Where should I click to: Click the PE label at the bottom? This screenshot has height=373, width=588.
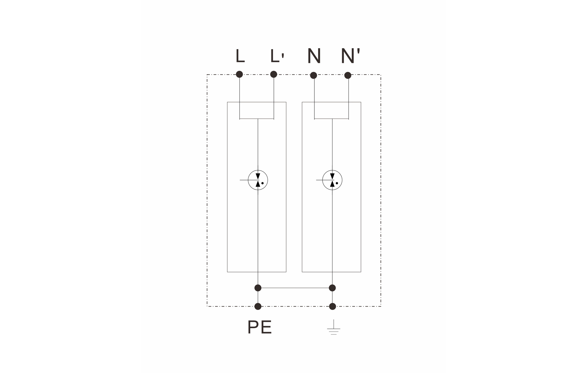[x=259, y=327]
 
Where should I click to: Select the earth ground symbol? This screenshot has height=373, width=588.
[x=333, y=327]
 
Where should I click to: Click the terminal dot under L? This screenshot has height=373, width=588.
[x=240, y=74]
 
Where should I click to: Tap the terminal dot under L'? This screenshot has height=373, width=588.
[x=274, y=74]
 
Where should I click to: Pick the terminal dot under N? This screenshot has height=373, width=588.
[x=313, y=75]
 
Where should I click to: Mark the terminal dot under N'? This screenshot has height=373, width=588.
[x=348, y=75]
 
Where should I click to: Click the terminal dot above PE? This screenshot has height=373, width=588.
[x=258, y=307]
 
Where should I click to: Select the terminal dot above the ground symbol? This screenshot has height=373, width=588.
[x=332, y=307]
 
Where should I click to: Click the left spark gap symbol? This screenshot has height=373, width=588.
[x=258, y=180]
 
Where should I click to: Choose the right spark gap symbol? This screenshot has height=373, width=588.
[x=332, y=180]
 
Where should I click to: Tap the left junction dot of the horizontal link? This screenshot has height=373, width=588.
[x=258, y=288]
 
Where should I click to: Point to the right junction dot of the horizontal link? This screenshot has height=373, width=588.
[x=332, y=288]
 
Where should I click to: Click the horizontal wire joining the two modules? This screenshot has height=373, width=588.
[x=295, y=288]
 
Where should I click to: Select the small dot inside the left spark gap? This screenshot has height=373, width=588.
[x=262, y=183]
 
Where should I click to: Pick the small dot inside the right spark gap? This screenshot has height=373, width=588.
[x=337, y=183]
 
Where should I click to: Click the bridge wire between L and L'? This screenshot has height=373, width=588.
[x=257, y=119]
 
